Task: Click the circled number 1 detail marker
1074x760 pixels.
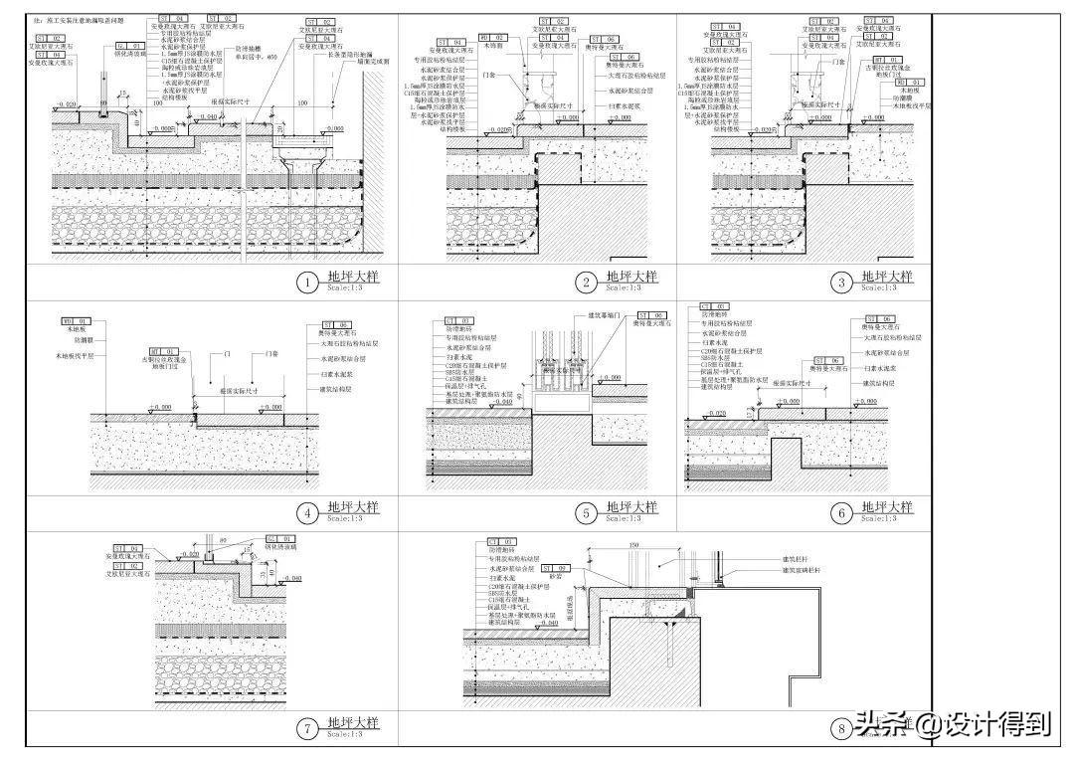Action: coord(308,284)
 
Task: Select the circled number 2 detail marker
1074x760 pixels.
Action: coord(587,284)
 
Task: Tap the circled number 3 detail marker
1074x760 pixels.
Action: coord(841,284)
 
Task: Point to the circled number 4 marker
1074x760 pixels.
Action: coord(308,513)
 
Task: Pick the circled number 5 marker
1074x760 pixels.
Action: coord(587,513)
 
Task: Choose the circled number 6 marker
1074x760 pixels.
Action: coord(841,513)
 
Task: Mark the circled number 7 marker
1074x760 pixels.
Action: coord(308,729)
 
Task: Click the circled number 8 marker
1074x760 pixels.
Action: coord(841,729)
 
